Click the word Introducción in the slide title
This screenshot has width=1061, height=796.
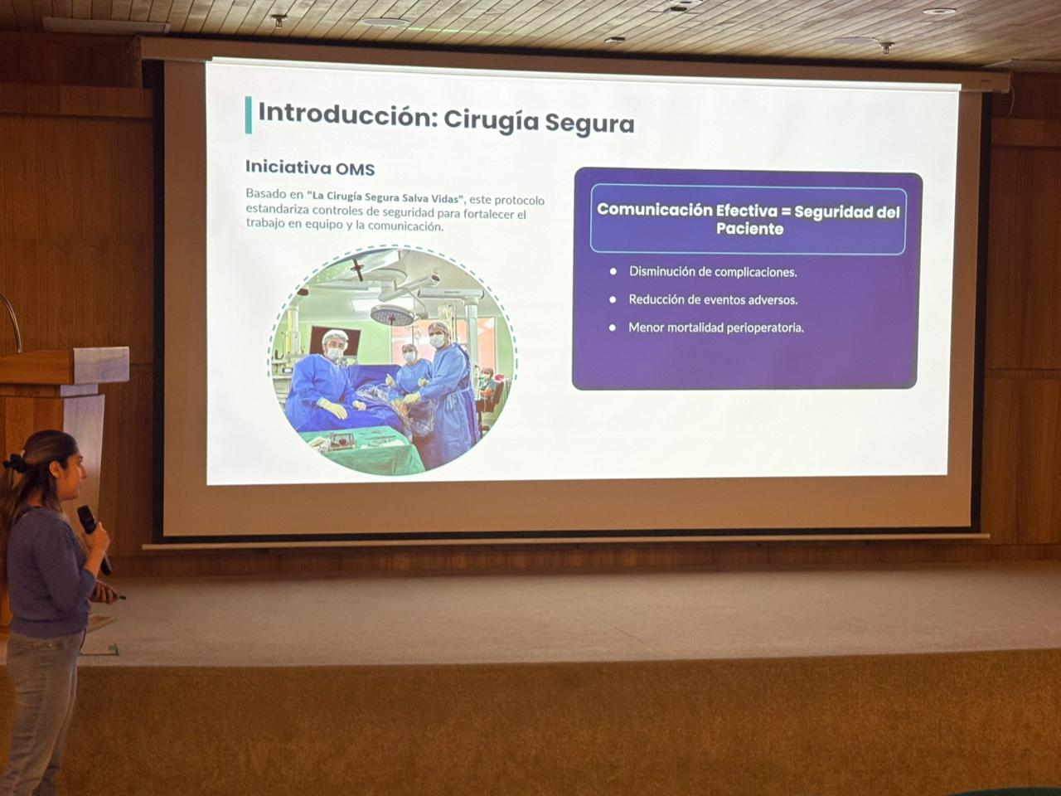(346, 115)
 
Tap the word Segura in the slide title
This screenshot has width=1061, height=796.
(589, 124)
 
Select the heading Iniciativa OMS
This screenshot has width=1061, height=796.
(310, 167)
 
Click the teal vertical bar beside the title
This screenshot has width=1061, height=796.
(249, 115)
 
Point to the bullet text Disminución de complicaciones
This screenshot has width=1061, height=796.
(713, 272)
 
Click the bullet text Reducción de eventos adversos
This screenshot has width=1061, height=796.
(713, 300)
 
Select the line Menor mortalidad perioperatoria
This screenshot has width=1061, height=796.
(716, 328)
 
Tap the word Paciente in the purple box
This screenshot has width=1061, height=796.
(749, 229)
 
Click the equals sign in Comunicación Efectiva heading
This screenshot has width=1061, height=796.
(786, 211)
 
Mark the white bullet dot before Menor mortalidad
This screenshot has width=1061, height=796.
(613, 328)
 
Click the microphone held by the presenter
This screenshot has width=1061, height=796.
(94, 537)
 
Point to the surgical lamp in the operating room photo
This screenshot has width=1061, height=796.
(392, 314)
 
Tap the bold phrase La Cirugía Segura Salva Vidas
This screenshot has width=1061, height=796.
(386, 197)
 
